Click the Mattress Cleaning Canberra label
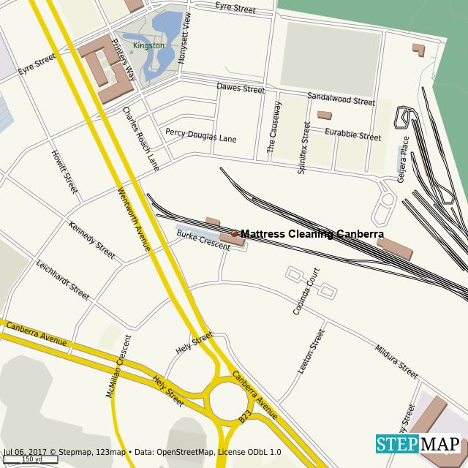[x=312, y=234]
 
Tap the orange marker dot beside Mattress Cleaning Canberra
[x=235, y=234]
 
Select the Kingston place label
[x=148, y=45]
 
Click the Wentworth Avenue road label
[x=134, y=219]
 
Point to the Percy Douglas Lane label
[x=200, y=135]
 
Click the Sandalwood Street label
[x=341, y=99]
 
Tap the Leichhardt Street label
[x=62, y=280]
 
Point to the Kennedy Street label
[x=91, y=240]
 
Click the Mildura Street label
[x=396, y=362]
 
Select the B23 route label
[x=245, y=417]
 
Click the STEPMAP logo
[x=419, y=444]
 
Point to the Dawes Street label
[x=241, y=88]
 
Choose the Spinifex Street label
[x=303, y=148]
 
